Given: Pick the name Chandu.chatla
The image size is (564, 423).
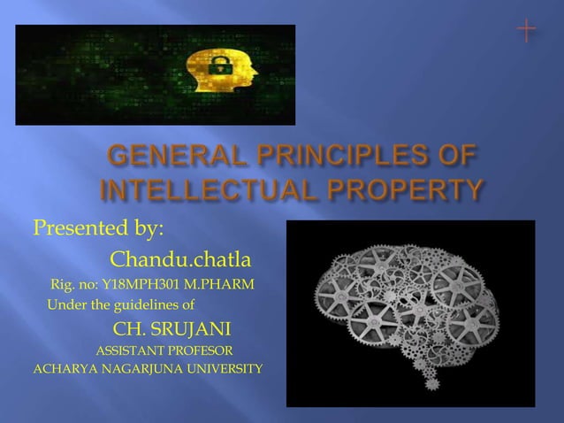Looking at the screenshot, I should [179, 261].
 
